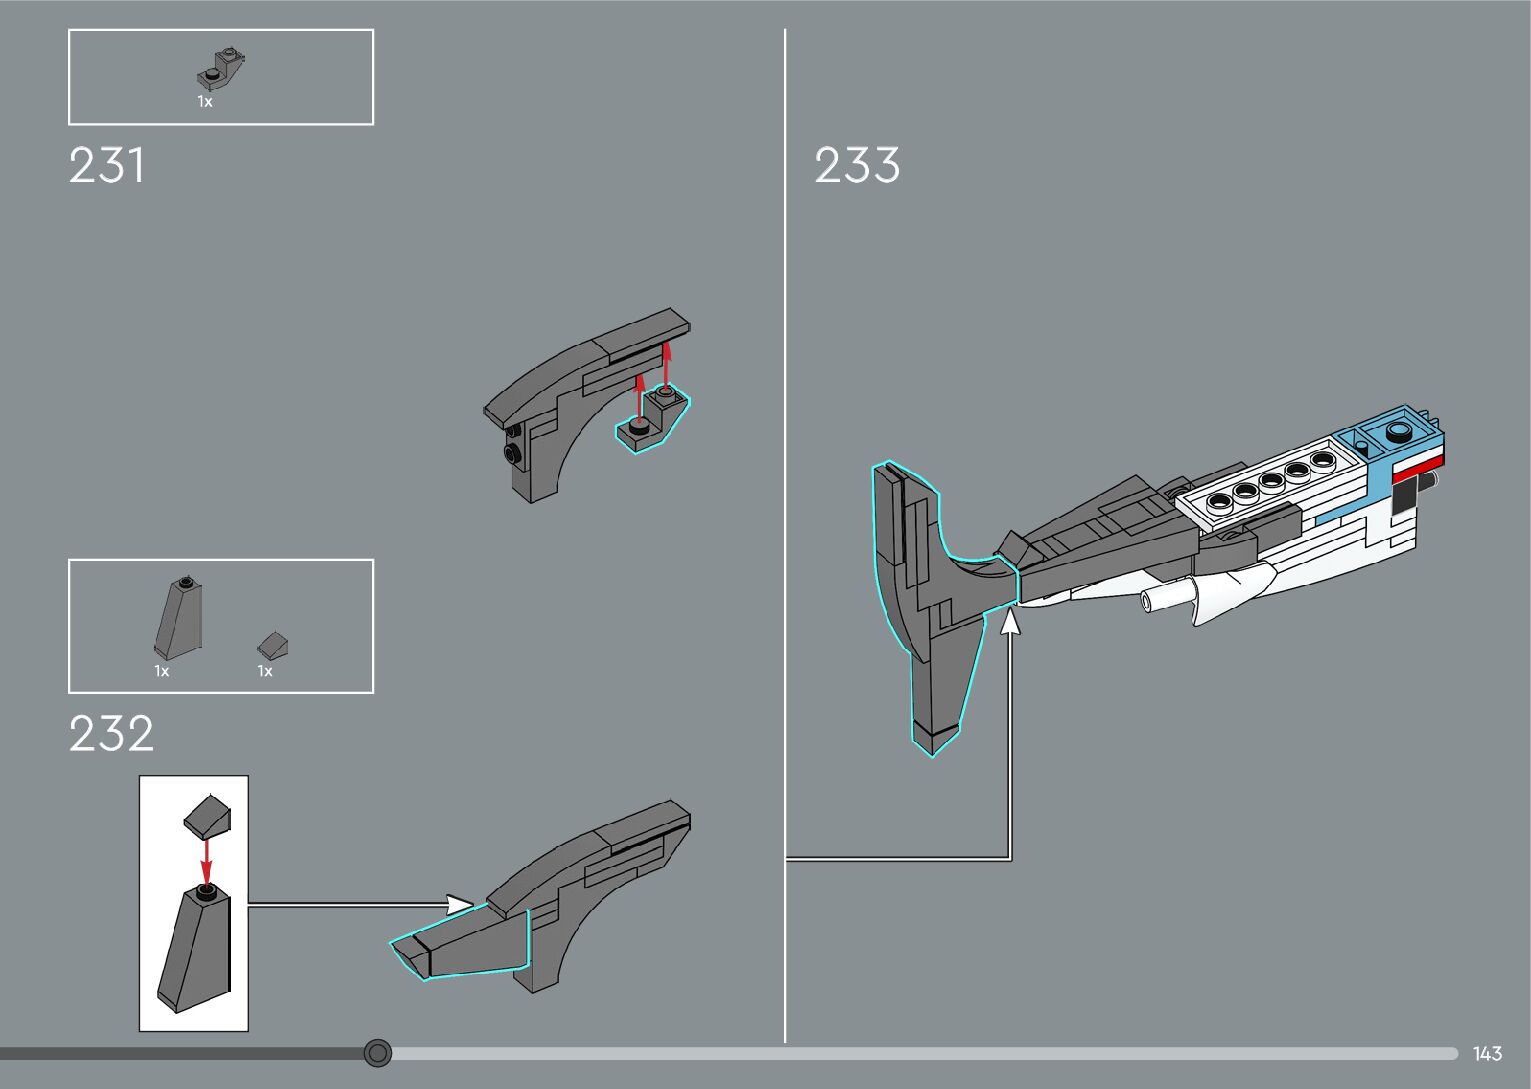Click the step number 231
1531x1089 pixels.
(x=107, y=166)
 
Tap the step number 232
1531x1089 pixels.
(x=111, y=734)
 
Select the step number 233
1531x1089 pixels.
(x=857, y=166)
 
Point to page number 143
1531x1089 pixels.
(x=1487, y=1054)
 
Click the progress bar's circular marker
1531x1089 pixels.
(x=377, y=1053)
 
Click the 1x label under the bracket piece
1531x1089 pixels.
(x=205, y=102)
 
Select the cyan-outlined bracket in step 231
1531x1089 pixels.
(x=654, y=418)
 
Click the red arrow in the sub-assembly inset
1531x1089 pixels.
(x=206, y=859)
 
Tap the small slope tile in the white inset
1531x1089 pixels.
(x=209, y=817)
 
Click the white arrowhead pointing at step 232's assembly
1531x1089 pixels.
(x=460, y=905)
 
